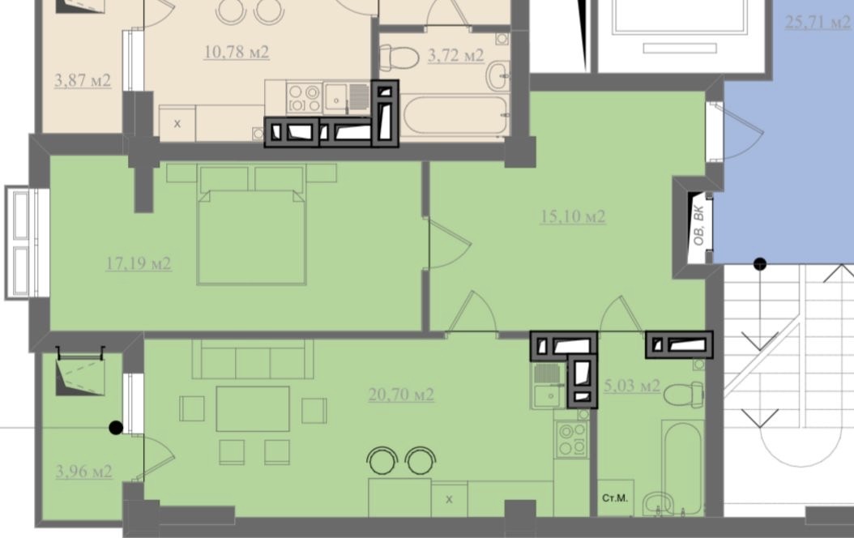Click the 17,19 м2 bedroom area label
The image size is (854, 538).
point(139,264)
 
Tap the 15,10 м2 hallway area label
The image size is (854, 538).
point(573,216)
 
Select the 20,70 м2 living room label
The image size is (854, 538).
point(401,395)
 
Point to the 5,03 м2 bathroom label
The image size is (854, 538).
point(632,386)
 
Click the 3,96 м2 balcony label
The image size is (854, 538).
point(84,471)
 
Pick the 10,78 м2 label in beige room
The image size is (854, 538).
point(237,53)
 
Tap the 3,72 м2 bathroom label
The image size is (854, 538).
point(456,56)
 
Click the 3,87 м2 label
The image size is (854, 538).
point(83,80)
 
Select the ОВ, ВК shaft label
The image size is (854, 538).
point(698,225)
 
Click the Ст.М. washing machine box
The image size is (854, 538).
point(616,497)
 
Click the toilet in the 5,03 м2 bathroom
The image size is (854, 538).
point(684,394)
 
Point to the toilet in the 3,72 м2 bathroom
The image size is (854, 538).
point(399,58)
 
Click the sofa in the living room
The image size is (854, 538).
point(253,359)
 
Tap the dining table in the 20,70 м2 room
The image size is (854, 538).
point(253,409)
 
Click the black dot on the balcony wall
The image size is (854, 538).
point(116,428)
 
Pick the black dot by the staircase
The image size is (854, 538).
point(760,265)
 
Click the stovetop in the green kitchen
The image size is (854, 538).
point(572,439)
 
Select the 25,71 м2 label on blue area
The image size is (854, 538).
point(818,23)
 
